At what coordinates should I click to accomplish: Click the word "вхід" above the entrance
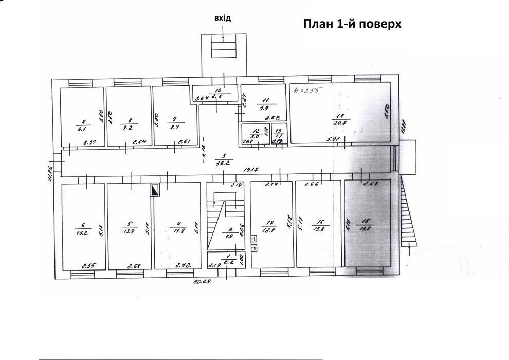point(223,19)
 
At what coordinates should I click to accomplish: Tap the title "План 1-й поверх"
point(352,24)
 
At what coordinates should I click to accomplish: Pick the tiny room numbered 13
point(278,133)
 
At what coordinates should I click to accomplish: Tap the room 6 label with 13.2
point(83,228)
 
